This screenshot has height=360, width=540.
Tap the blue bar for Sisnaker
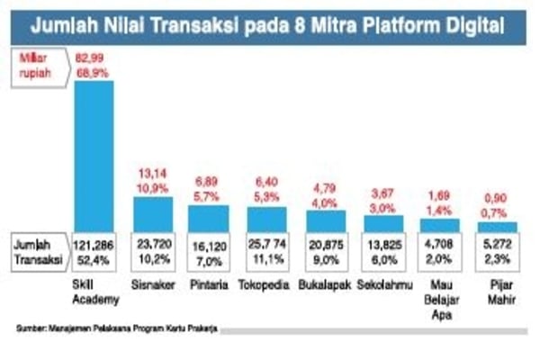(154, 213)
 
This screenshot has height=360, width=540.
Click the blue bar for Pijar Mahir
(498, 226)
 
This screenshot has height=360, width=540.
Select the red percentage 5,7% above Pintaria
(207, 195)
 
